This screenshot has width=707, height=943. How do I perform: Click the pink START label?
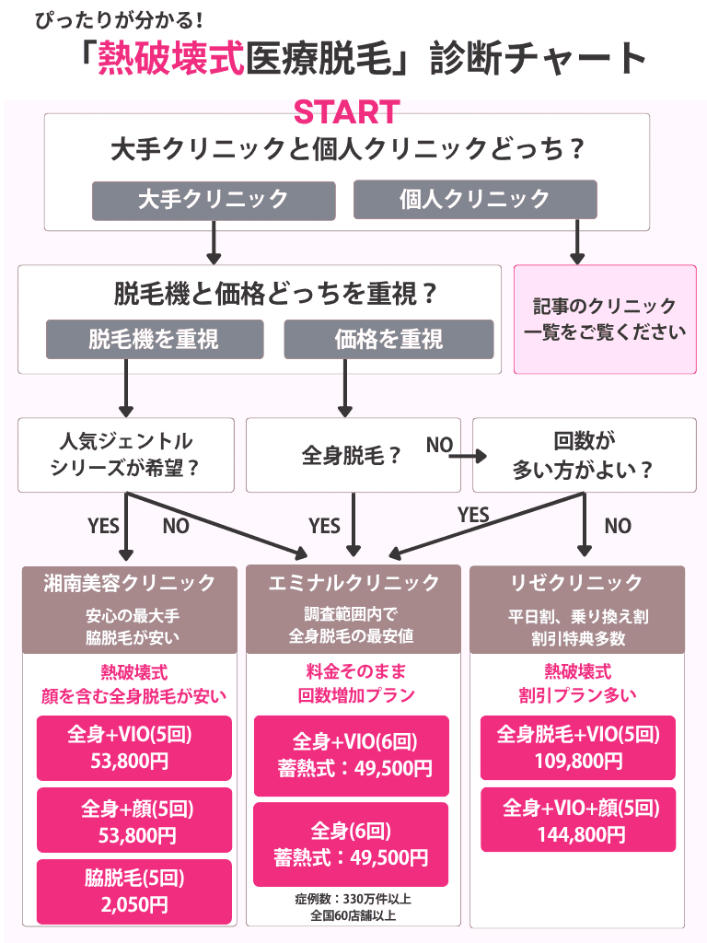point(346,111)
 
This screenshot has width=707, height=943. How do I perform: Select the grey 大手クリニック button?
point(213,199)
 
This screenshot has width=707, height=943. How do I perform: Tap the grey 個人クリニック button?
point(475,199)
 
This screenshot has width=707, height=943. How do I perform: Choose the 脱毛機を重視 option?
point(155,339)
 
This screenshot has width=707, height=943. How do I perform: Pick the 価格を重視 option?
point(388,339)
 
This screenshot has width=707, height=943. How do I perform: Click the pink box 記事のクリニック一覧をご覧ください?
point(605,320)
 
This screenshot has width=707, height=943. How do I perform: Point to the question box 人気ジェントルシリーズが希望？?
point(126,455)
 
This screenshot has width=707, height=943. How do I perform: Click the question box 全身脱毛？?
point(353,456)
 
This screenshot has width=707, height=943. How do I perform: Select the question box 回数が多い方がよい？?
point(584,455)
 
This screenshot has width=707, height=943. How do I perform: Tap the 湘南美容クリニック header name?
point(130,583)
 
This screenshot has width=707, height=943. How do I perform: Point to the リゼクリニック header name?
point(577,583)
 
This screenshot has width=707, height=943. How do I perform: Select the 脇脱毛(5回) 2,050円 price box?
point(130,891)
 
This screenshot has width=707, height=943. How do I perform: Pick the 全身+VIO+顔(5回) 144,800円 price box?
point(577,821)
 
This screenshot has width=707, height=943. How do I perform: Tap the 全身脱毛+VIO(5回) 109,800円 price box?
point(577,747)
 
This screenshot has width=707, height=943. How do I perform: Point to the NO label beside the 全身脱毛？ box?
point(439,446)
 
